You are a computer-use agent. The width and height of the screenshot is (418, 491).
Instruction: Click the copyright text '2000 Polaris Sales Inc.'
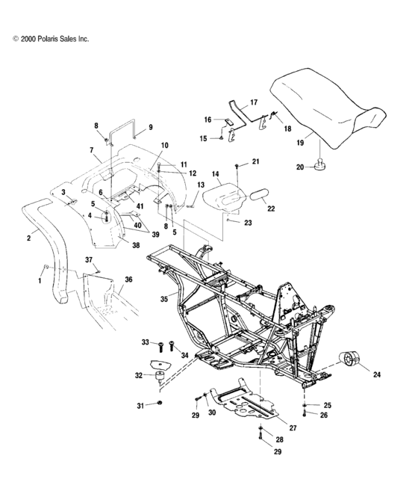[51, 37]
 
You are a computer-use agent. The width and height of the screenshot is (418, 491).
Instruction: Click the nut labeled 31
[160, 404]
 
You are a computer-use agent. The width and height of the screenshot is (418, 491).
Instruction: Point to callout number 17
[253, 102]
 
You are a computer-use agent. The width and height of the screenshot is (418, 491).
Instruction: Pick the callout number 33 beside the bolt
[146, 342]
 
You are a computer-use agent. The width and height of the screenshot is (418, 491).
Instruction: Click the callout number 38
[135, 244]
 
